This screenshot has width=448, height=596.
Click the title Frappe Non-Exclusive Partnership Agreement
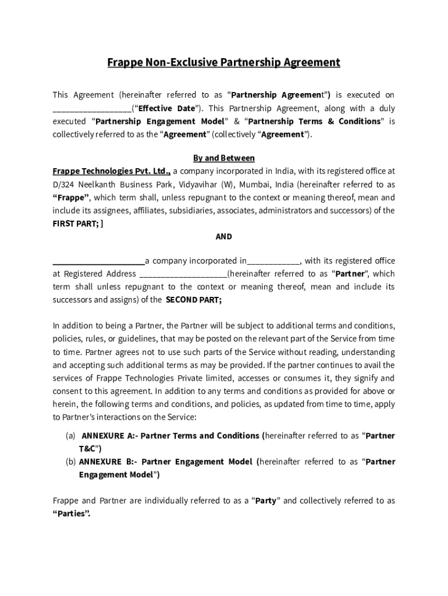[223, 62]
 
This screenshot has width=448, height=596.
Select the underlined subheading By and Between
[223, 158]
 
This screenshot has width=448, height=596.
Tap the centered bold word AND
[223, 236]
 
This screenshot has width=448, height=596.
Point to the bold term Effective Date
[166, 108]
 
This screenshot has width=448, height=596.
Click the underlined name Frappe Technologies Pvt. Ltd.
[111, 171]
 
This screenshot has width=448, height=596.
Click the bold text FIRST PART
[75, 223]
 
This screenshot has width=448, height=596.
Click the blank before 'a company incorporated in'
[98, 261]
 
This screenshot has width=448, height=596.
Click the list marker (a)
[70, 436]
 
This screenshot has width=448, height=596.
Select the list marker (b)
[70, 462]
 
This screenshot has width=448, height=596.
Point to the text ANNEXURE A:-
[110, 436]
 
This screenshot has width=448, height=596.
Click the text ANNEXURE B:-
[108, 462]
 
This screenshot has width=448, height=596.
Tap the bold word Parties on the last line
[72, 514]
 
